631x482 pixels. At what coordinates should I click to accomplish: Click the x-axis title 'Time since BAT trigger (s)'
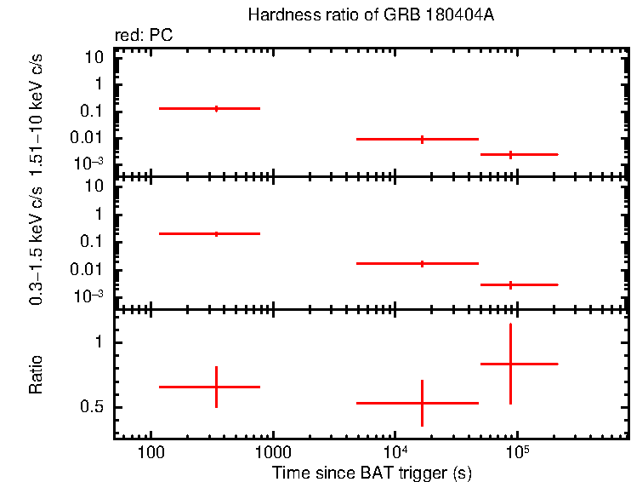(x=372, y=473)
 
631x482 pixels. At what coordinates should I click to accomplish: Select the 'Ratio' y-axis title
(x=37, y=375)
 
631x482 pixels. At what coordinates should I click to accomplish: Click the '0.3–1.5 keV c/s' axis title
(x=37, y=244)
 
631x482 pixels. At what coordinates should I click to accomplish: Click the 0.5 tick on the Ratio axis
(x=93, y=407)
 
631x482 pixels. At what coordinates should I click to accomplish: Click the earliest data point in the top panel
(x=216, y=108)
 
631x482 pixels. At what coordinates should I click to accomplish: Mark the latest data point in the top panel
(x=510, y=154)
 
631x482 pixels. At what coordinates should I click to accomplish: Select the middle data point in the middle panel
(x=422, y=263)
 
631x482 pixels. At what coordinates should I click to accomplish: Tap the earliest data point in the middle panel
(x=216, y=233)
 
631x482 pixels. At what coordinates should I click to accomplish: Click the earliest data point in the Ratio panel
(x=216, y=387)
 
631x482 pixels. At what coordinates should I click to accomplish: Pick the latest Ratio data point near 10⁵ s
(x=510, y=364)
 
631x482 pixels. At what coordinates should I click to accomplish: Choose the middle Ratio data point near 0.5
(x=422, y=403)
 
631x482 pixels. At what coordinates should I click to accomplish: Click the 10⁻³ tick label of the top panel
(x=89, y=163)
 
